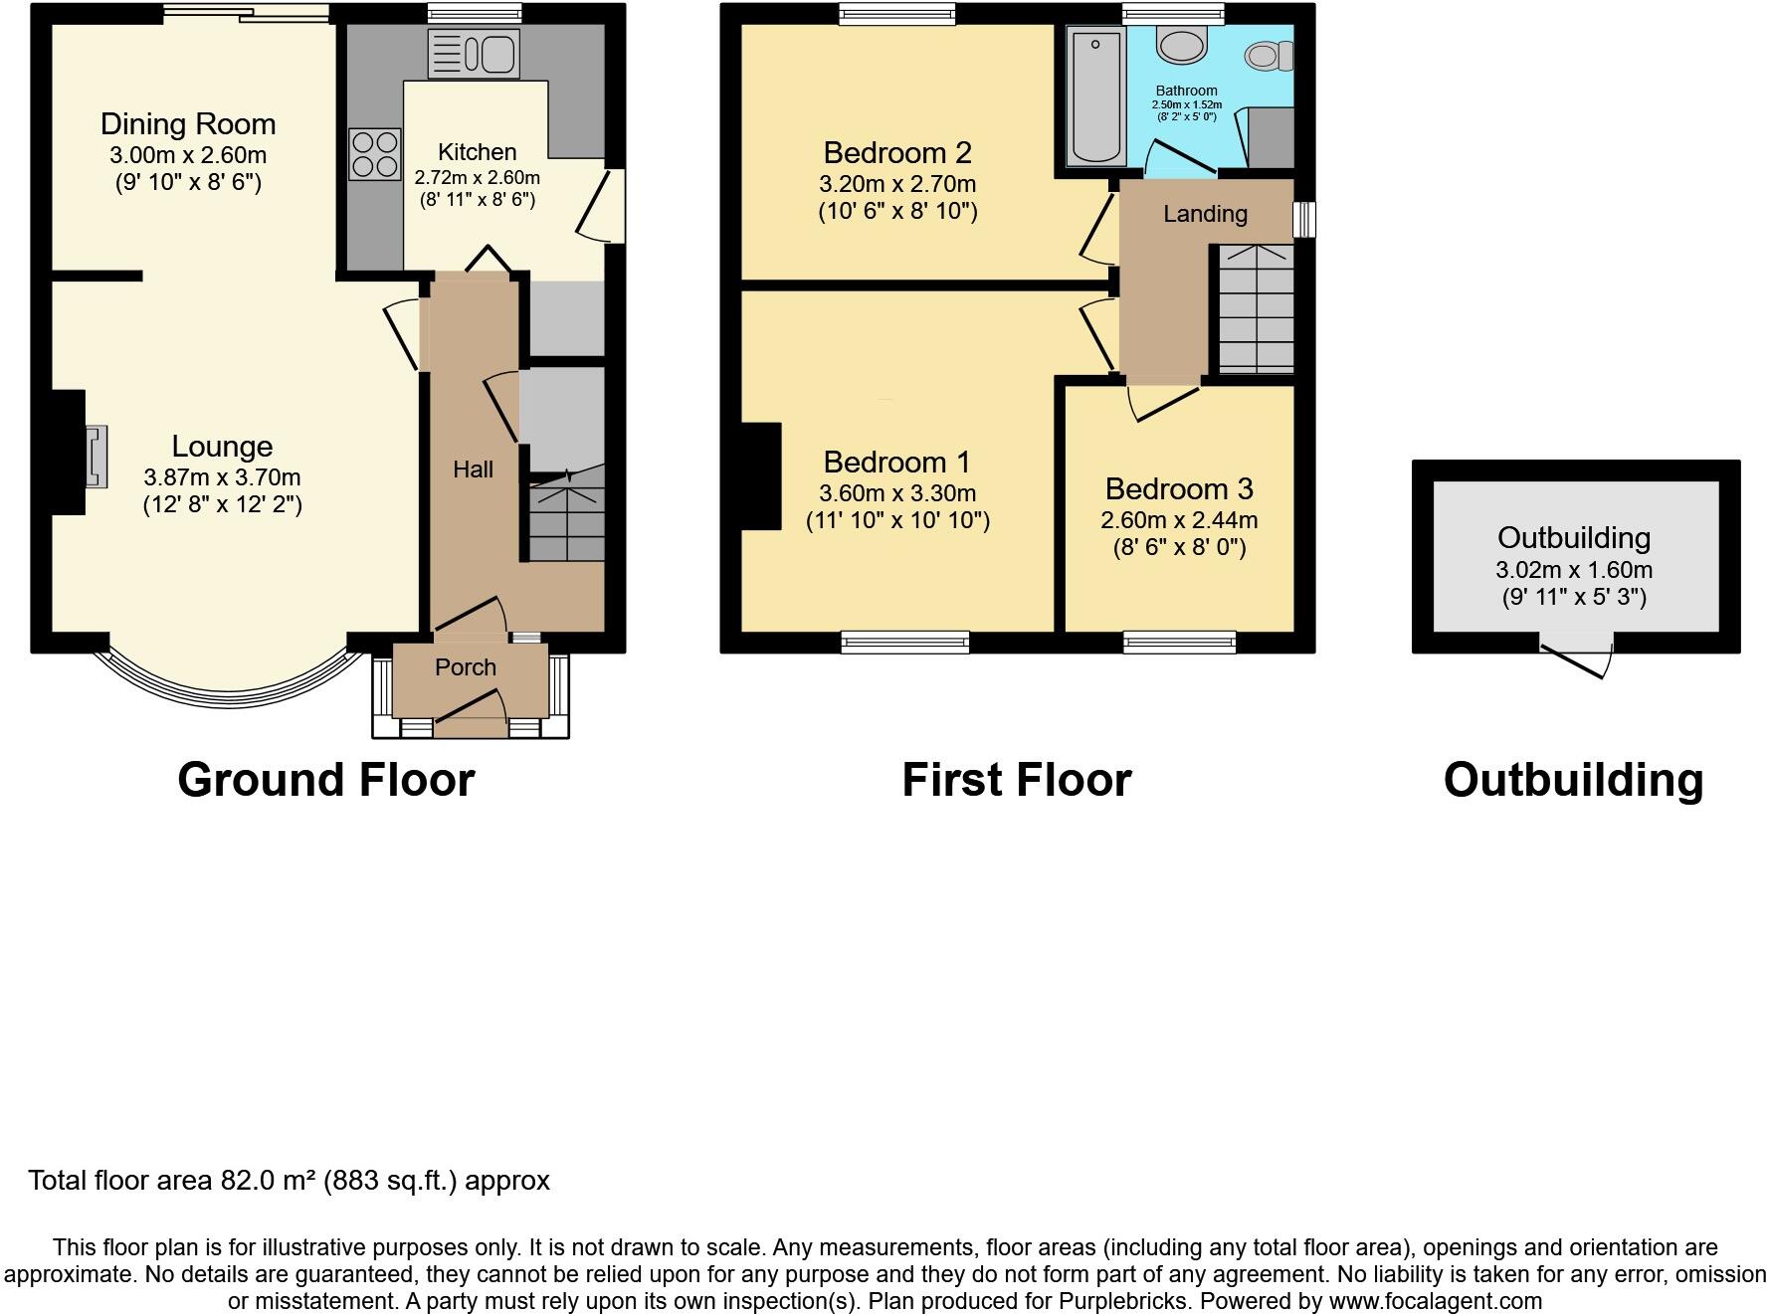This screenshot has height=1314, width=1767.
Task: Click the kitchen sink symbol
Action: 474,53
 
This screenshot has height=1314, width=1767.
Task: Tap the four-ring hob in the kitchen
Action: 374,154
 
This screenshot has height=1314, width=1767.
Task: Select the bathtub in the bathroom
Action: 1095,95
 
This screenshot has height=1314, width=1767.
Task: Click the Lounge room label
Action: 222,447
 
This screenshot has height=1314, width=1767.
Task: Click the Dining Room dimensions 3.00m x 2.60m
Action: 188,155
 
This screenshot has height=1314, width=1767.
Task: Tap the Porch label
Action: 466,667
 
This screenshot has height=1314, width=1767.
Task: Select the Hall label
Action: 473,469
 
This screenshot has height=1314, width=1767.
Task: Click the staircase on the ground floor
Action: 566,517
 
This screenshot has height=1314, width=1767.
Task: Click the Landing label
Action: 1205,214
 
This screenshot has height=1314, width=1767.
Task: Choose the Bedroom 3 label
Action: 1179,489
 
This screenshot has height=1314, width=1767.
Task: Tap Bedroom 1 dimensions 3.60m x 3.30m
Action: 897,493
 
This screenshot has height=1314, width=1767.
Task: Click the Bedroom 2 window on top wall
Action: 896,13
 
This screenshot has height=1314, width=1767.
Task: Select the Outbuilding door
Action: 1576,658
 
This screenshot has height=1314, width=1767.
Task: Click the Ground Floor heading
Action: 326,780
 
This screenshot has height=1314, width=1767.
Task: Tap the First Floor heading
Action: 1016,780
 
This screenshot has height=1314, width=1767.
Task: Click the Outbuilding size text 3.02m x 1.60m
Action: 1573,570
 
